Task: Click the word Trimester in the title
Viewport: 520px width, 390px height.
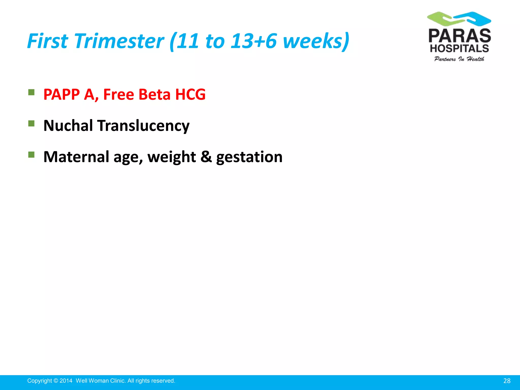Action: tap(119, 41)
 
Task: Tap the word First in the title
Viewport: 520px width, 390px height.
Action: tap(47, 41)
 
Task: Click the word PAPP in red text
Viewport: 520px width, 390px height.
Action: tap(61, 95)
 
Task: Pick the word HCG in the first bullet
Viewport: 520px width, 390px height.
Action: tap(190, 95)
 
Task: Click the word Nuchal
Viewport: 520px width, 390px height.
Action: tap(68, 126)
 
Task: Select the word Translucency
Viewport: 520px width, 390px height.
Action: tap(143, 126)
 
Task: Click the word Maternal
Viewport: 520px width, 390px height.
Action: tap(76, 157)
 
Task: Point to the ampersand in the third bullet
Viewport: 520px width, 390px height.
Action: tap(206, 157)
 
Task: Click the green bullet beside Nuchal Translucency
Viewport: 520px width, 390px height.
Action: tap(31, 124)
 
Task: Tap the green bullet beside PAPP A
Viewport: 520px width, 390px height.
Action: tap(31, 92)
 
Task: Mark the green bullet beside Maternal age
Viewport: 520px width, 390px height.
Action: tap(31, 155)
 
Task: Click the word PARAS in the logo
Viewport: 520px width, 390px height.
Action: tap(459, 36)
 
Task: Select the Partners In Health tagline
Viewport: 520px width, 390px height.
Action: tap(459, 59)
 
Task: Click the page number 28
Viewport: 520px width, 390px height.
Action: tap(507, 381)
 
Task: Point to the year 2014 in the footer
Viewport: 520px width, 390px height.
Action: tap(66, 381)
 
